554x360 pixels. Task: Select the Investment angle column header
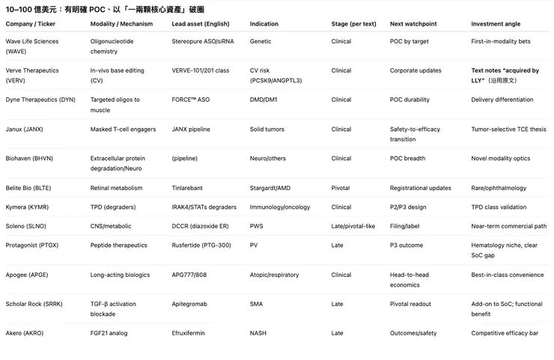coord(497,24)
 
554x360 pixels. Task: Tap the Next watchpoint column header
coord(414,24)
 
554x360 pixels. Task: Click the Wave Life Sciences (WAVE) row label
coord(31,46)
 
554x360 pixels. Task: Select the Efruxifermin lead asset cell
coord(188,333)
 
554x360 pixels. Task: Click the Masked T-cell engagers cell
coord(123,129)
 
